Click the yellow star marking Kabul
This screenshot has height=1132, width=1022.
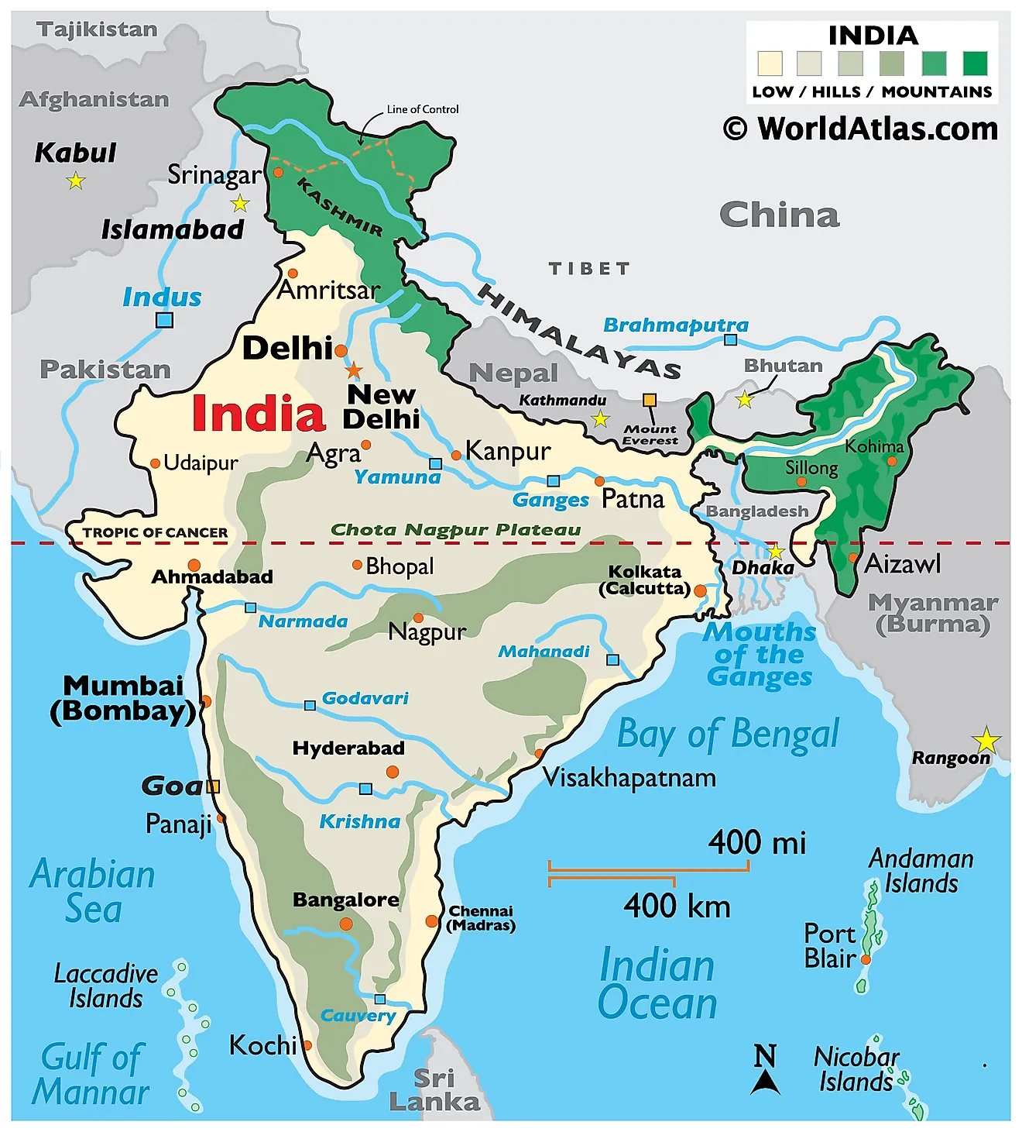click(75, 181)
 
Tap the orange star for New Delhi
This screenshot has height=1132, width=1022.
click(354, 370)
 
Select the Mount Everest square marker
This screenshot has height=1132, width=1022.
click(650, 401)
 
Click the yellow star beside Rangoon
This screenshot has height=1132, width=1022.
click(986, 741)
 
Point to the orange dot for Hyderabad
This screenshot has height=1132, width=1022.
click(393, 772)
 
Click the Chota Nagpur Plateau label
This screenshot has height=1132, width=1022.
click(455, 530)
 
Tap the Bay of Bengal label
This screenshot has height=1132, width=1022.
click(728, 734)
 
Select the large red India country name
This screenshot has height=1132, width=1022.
click(258, 414)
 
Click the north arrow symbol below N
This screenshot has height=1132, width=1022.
click(765, 1082)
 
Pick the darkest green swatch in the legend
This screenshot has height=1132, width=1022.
click(975, 63)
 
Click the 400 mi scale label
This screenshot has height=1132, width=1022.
click(756, 842)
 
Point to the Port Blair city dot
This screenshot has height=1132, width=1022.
click(866, 959)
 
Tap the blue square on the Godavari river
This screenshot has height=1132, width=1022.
click(310, 705)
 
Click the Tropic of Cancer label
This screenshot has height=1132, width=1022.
click(155, 533)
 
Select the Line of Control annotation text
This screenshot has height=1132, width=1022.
click(423, 109)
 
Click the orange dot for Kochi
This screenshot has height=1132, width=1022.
click(307, 1045)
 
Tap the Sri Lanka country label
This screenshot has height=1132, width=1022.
click(434, 1089)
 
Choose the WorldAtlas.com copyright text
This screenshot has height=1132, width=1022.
click(860, 129)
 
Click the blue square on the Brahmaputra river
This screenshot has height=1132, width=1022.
click(730, 339)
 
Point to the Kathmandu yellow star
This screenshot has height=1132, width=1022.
click(600, 420)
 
